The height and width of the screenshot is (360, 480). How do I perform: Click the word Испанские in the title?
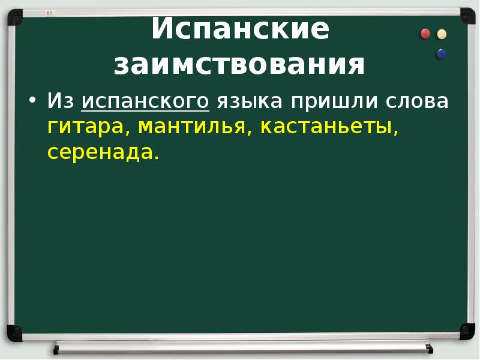tap(240, 30)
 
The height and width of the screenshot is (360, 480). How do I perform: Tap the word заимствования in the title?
tap(240, 65)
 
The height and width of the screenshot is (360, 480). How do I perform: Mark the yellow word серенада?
tap(102, 152)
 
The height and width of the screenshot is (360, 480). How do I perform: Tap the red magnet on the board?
tap(425, 34)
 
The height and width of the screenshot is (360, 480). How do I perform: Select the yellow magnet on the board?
tap(442, 34)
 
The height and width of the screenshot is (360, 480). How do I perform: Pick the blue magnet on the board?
tap(442, 54)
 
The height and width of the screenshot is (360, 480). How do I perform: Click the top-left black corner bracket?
tap(13, 16)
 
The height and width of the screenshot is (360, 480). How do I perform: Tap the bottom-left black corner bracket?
tap(13, 331)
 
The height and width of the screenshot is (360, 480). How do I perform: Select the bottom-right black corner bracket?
tap(467, 330)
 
